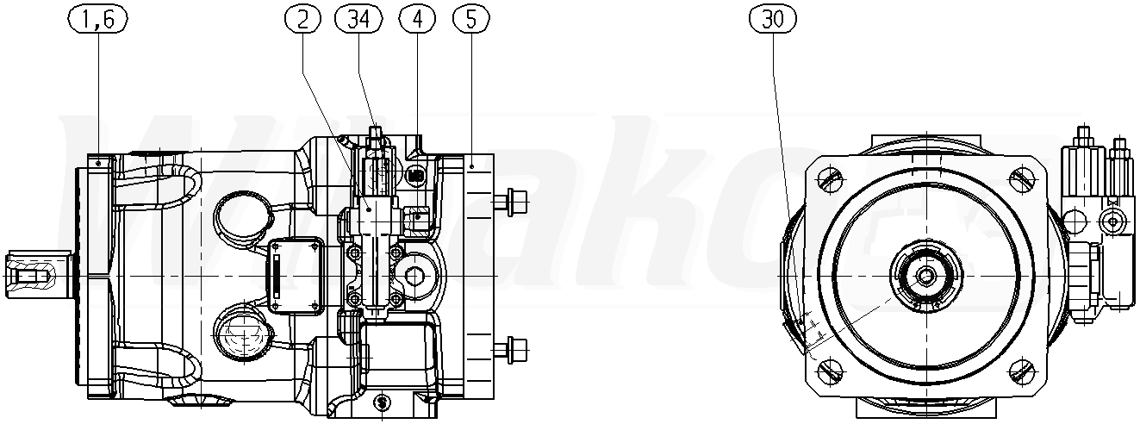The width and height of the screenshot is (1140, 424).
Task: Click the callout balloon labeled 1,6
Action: pos(98,20)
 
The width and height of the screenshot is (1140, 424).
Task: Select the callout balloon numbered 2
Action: pos(302,20)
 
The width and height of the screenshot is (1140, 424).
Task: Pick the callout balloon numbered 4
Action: pos(417,20)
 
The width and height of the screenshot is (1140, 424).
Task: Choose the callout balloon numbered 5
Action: pos(470,20)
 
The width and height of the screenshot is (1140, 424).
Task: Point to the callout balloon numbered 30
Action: pos(773,19)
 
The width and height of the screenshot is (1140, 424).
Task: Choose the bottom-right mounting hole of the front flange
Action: pos(1024,372)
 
